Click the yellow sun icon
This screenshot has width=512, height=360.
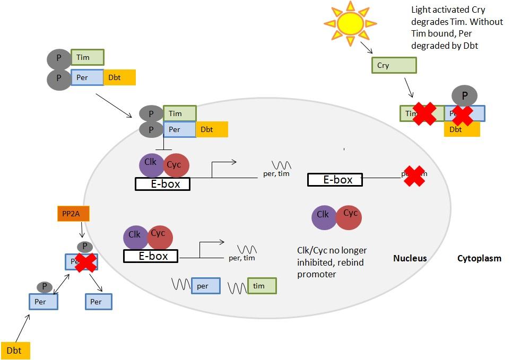(x=350, y=23)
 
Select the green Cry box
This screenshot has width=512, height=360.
(x=393, y=65)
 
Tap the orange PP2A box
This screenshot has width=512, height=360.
(x=73, y=214)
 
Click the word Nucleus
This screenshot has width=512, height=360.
(x=410, y=258)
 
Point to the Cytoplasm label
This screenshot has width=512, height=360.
(x=479, y=258)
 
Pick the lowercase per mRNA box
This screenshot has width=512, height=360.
(x=205, y=286)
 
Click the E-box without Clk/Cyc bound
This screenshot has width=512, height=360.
(x=335, y=180)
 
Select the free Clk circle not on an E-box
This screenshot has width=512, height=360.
(x=324, y=217)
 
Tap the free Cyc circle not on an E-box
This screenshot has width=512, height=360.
(x=349, y=217)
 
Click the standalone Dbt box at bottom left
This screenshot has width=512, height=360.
(x=15, y=350)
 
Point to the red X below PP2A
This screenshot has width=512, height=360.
(x=85, y=262)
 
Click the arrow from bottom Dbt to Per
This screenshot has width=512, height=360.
(x=22, y=327)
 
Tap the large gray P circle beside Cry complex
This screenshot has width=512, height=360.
(x=464, y=96)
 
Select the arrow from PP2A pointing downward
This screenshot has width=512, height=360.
(x=81, y=230)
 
